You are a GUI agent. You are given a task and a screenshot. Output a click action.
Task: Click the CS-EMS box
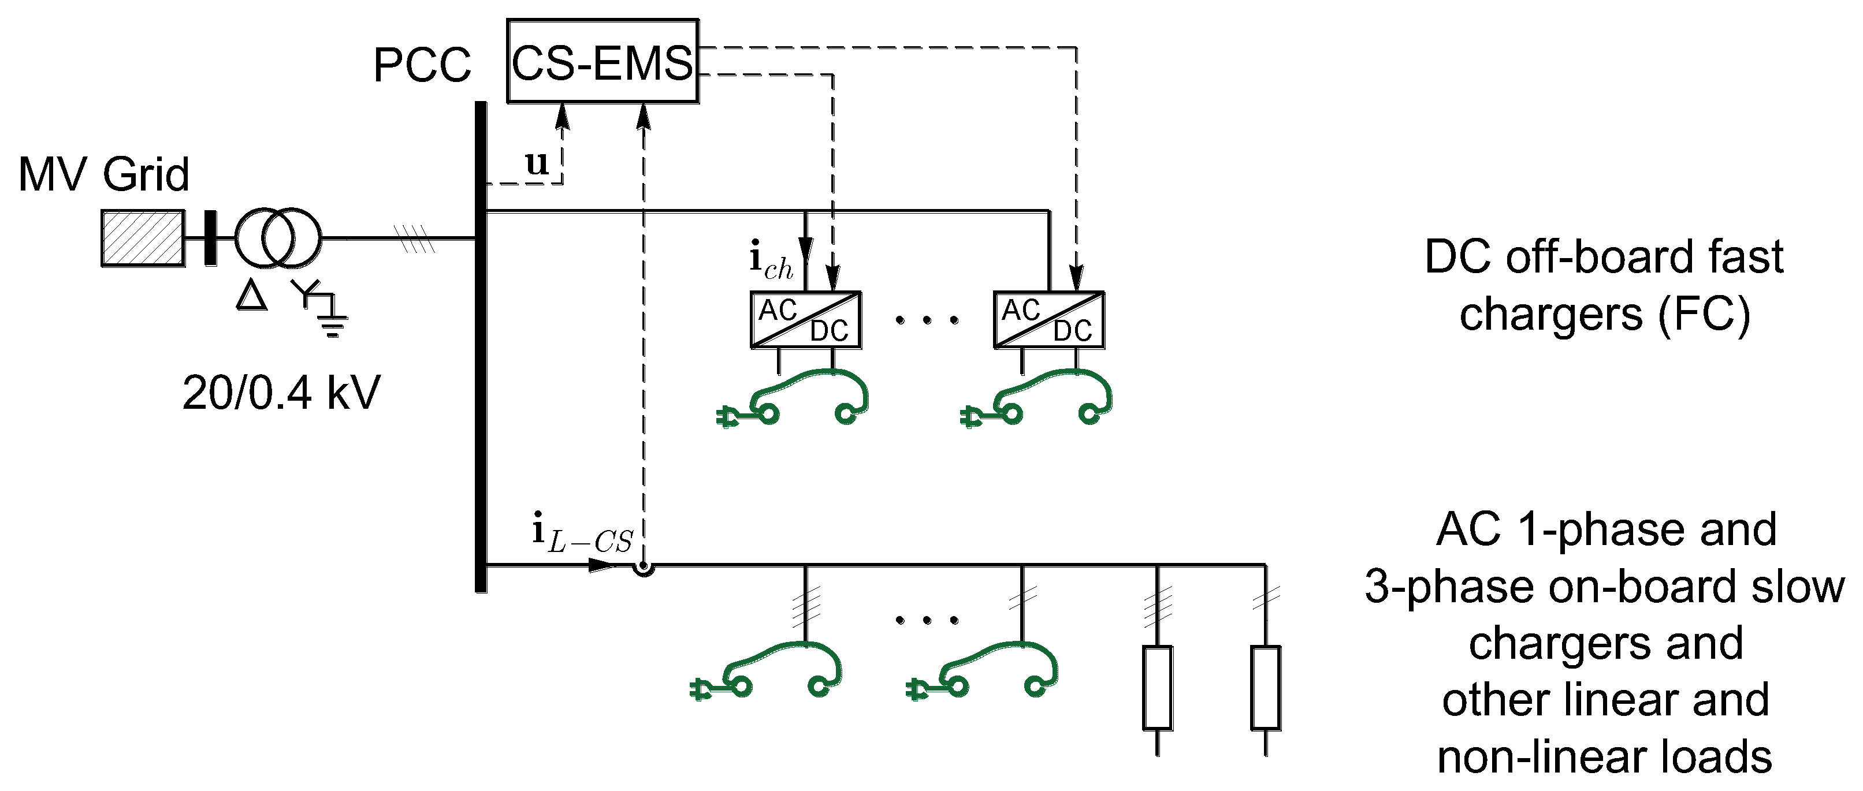(x=602, y=61)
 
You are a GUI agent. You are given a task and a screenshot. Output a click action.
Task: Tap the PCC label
(x=422, y=66)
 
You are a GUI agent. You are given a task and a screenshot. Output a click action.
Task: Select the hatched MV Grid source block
(x=143, y=238)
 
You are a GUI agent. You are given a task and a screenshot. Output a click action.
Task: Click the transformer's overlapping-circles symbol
(x=278, y=238)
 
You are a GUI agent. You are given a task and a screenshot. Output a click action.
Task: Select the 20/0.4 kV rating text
(x=281, y=393)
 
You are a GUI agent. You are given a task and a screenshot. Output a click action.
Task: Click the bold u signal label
(x=537, y=163)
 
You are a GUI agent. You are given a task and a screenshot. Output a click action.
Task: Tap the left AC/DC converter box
(x=805, y=320)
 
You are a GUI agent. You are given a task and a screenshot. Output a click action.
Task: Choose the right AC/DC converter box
(x=1048, y=320)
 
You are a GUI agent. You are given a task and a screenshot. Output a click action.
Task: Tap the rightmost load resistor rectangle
(x=1265, y=687)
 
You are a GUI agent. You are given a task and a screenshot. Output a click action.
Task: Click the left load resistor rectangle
(x=1157, y=687)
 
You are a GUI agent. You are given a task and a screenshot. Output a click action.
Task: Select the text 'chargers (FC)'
(x=1604, y=315)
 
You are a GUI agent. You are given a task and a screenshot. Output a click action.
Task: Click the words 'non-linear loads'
(x=1604, y=757)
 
